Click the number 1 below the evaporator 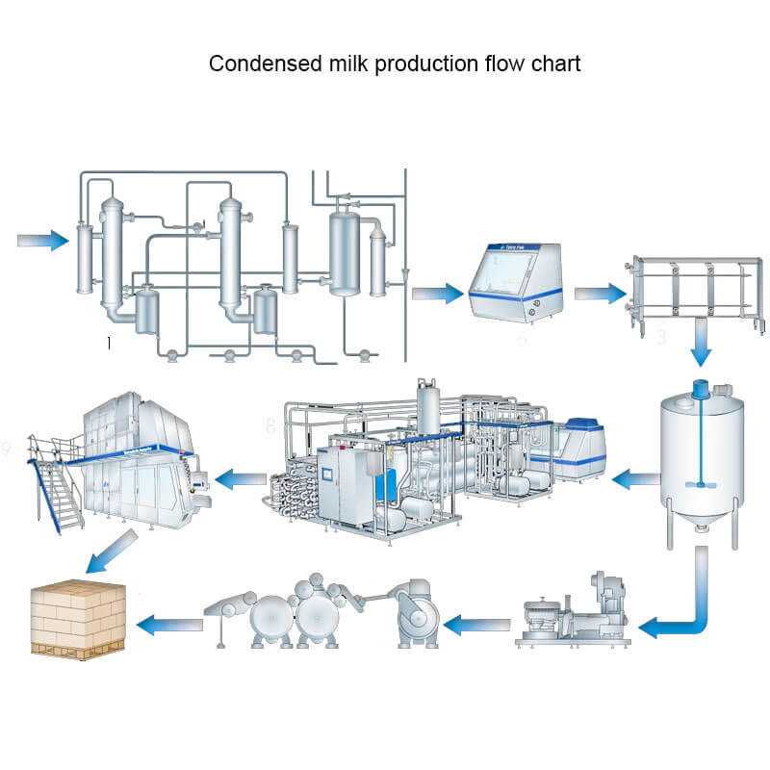tap(110, 343)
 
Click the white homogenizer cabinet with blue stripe tap(516, 282)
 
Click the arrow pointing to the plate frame tap(602, 293)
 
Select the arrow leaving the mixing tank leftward tap(634, 475)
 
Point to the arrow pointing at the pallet tap(168, 626)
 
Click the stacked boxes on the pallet tap(79, 616)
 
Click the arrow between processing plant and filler tap(240, 475)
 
